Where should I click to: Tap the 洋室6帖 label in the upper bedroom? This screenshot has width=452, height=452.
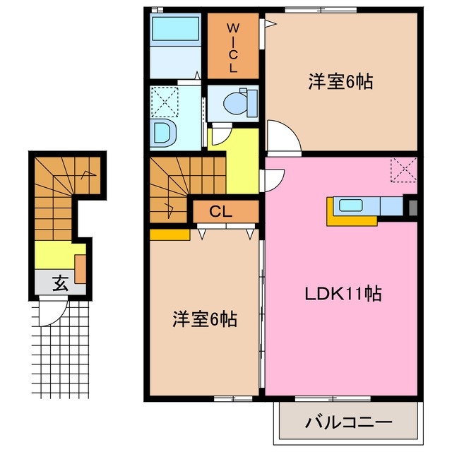pos(340,81)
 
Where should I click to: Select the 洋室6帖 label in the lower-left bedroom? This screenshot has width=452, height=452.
pos(205,319)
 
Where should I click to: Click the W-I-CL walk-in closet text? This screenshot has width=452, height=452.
pos(232,48)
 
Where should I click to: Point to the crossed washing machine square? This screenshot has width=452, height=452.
pos(164,102)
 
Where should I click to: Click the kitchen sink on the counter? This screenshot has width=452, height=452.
pos(350,206)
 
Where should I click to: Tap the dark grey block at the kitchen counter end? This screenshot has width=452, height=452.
pos(412,208)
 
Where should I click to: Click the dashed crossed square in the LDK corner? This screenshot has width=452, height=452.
pos(403,170)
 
